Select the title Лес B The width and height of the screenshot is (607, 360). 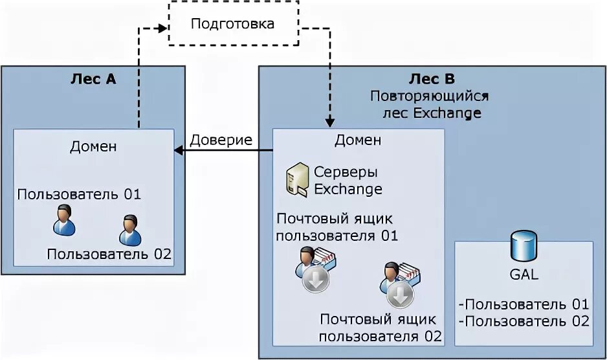click(x=432, y=79)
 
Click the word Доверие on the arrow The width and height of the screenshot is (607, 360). click(x=221, y=140)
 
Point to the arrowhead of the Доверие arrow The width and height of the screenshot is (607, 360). click(x=179, y=151)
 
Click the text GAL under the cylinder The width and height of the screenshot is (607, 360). click(x=524, y=275)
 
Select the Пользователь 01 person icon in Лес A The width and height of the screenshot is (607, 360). click(x=63, y=221)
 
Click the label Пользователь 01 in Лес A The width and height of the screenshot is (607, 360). click(x=79, y=194)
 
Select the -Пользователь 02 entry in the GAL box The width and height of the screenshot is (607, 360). click(x=524, y=321)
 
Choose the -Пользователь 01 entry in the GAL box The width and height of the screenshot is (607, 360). click(x=524, y=304)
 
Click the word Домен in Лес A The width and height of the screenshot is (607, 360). click(x=93, y=146)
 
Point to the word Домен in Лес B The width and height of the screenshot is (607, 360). click(x=358, y=141)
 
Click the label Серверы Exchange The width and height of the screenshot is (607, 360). click(x=348, y=181)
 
